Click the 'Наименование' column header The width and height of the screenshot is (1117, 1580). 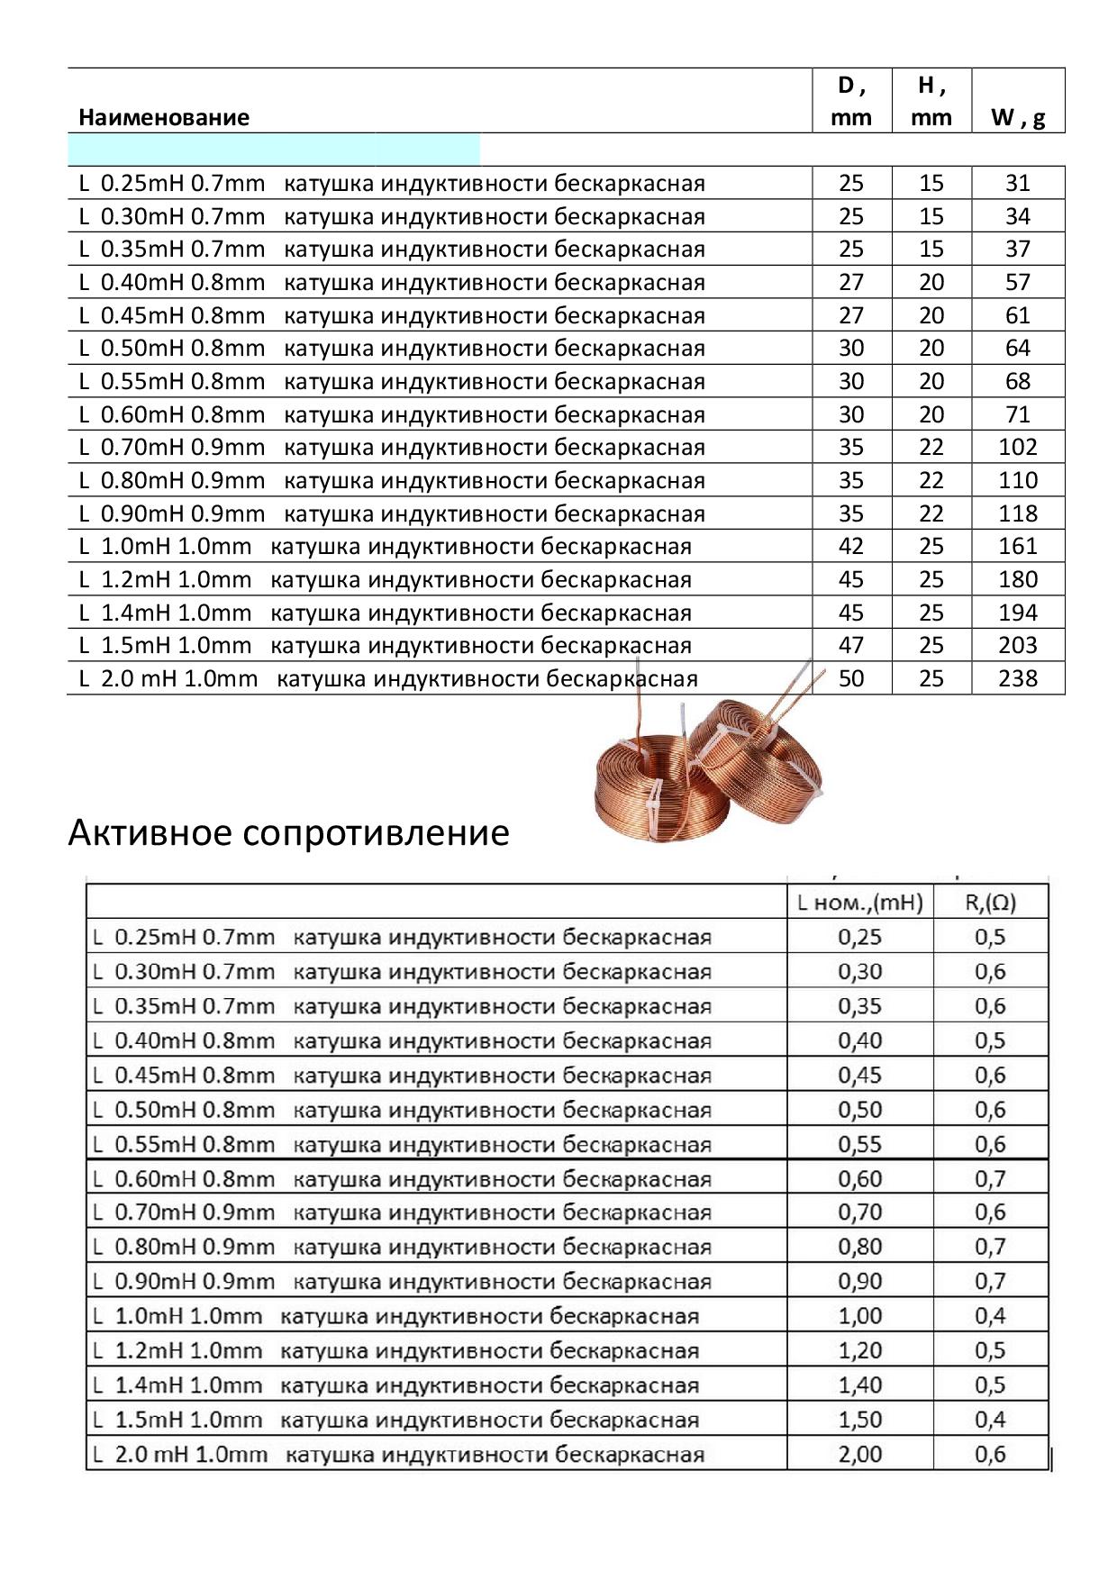164,117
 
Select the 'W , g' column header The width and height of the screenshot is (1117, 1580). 1018,117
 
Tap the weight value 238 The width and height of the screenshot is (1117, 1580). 1018,678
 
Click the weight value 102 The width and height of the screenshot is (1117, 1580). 1018,447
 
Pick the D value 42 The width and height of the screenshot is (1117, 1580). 851,546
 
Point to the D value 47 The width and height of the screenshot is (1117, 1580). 851,645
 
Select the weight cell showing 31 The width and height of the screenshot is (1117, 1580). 1018,183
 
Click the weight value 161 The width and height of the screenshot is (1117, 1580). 1018,546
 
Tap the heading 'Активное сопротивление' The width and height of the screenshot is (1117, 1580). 288,832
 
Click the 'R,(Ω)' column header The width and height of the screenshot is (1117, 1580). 990,902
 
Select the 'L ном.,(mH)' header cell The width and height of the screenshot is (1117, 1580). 860,902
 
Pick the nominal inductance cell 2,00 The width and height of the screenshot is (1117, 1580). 860,1454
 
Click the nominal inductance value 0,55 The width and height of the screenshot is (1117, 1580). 860,1144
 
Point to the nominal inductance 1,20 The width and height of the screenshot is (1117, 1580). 860,1350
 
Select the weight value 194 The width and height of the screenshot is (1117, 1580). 1018,613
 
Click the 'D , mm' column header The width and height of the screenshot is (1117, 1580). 851,101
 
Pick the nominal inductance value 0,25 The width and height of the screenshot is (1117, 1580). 860,937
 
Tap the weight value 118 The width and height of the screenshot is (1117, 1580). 1018,513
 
